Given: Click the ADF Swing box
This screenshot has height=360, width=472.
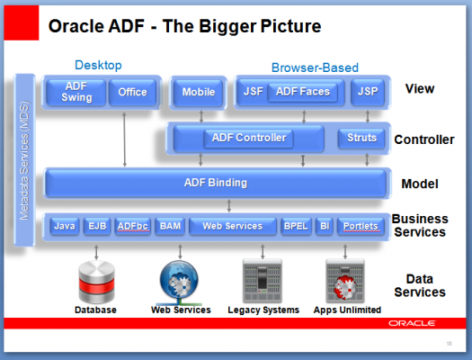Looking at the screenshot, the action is point(76,92).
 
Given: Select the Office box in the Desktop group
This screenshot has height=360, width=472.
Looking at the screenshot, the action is point(133,92).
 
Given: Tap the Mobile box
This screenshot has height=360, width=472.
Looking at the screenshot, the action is point(199,92).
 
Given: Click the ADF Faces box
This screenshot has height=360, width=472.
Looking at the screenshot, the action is point(303,92).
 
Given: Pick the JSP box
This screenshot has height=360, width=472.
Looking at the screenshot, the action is point(368,92).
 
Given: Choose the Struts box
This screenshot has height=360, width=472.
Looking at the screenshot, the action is point(361,138).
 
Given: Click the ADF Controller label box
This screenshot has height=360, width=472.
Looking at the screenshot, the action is point(249,138).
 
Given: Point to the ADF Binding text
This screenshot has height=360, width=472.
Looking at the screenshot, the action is point(216,183).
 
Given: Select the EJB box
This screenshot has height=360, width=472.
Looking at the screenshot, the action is point(97,226).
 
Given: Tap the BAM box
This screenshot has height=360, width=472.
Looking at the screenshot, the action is point(170,226).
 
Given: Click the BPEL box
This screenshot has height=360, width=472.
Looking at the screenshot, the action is point(296,226).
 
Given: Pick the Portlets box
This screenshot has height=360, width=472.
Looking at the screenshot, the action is point(361,226).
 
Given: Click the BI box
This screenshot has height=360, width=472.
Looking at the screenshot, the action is point(325,226).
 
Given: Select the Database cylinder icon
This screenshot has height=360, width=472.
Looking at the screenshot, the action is point(96,282).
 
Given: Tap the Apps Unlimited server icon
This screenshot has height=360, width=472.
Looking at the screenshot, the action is point(345,281).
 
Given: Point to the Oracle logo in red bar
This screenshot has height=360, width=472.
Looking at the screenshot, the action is point(412,323).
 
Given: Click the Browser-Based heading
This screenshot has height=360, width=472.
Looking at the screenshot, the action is point(315,67).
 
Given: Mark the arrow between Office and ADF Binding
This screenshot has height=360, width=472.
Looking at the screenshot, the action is point(124,139).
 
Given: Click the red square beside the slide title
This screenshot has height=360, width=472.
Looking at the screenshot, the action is point(22,22).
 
